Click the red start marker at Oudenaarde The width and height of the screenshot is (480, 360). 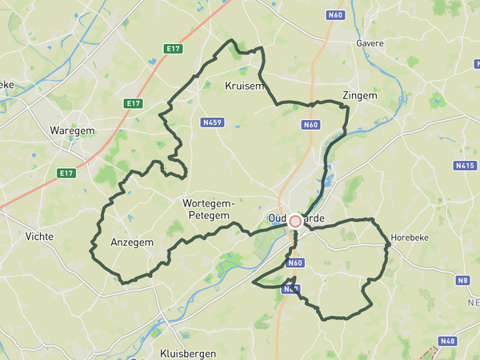[x=295, y=221]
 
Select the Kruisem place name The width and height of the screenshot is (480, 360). [x=243, y=86]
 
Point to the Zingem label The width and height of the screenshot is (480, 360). [x=359, y=95]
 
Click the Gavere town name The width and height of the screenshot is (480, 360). [x=370, y=43]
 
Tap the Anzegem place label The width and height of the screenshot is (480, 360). [x=132, y=242]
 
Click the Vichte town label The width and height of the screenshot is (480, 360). [x=39, y=237]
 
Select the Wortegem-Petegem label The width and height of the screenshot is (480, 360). [x=208, y=210]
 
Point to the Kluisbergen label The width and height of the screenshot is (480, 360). [x=185, y=352]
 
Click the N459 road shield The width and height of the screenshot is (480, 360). [x=212, y=122]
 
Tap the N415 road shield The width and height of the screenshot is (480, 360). [x=464, y=166]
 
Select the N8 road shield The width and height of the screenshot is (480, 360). [x=462, y=280]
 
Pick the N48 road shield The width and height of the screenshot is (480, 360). [x=448, y=341]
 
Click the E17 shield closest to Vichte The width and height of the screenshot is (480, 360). [x=66, y=173]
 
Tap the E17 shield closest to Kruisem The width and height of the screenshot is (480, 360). [x=173, y=49]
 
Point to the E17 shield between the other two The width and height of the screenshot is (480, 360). [x=133, y=103]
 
